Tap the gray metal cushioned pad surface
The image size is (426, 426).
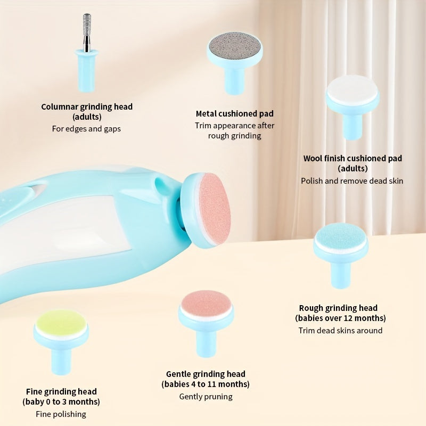tap(234, 44)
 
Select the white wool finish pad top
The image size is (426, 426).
tap(352, 89)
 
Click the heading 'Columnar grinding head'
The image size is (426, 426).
tap(87, 106)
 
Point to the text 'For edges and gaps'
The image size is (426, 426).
tap(86, 128)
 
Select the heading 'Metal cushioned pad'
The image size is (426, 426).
tap(234, 113)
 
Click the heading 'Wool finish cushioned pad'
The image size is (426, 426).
tap(353, 158)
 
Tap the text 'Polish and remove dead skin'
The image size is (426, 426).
tap(352, 181)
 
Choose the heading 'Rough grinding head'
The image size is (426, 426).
tap(338, 308)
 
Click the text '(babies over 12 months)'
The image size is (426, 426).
tap(340, 318)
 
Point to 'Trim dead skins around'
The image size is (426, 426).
tap(340, 330)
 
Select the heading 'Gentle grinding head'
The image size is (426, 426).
tap(206, 374)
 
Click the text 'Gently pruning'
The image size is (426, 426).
tap(206, 396)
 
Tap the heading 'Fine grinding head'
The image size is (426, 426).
tap(61, 391)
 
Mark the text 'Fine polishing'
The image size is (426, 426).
tap(61, 414)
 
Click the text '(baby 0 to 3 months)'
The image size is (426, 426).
tap(61, 402)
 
